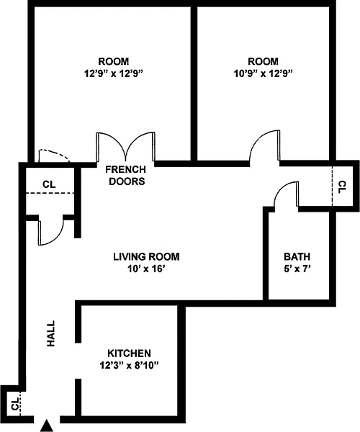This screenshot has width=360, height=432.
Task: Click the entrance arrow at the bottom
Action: [47, 426]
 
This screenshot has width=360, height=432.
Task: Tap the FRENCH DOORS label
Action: [126, 175]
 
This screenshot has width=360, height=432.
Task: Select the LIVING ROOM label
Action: [146, 256]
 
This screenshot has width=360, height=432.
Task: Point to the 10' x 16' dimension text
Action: [146, 269]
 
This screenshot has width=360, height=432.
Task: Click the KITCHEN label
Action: [129, 354]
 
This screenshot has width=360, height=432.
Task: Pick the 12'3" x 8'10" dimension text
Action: [129, 365]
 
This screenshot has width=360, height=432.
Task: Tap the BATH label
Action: [297, 256]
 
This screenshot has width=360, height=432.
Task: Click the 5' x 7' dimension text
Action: [297, 269]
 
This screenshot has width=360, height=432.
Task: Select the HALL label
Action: [50, 333]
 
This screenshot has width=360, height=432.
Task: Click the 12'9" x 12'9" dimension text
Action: [114, 73]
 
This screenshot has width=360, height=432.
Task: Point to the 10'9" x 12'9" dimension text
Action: [263, 73]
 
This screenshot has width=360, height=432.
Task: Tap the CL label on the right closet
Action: [341, 186]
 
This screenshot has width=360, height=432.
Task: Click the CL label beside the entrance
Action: [15, 403]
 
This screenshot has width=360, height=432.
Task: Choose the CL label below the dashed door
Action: [49, 184]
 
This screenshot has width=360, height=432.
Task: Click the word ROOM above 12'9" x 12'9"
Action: [114, 61]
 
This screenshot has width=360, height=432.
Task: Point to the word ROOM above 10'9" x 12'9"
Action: [263, 61]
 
